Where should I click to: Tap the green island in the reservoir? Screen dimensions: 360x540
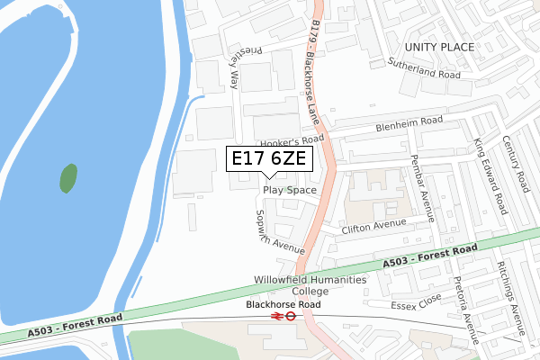point(68,178)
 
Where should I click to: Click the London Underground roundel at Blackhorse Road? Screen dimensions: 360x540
point(292,317)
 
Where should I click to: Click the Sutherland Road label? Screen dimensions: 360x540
point(423,70)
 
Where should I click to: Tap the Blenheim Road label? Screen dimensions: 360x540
point(409,121)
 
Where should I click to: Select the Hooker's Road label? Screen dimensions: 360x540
point(291,142)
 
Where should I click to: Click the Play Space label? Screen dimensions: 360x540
point(290,191)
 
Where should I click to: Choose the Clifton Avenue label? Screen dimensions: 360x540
point(374,226)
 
